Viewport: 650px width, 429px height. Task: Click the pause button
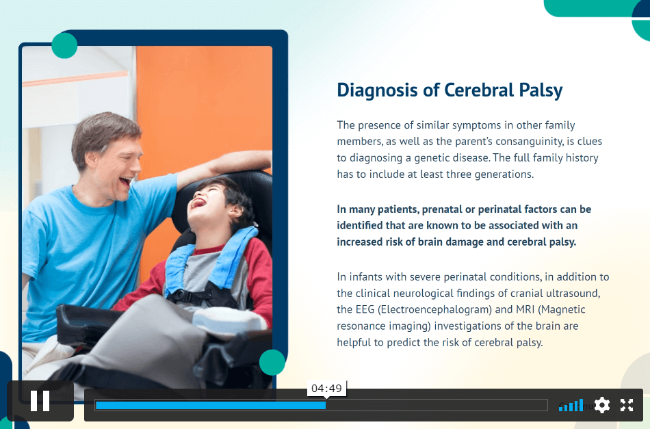point(40,401)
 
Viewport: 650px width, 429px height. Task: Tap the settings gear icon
point(602,405)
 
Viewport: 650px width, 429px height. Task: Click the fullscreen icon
point(627,405)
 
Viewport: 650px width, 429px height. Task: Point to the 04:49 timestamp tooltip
point(326,389)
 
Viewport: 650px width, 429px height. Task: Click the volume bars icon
point(571,405)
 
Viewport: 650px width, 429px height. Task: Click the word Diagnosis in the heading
point(377,90)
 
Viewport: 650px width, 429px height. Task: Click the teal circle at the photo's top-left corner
point(64,45)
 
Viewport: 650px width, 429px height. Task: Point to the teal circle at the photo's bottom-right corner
point(272,362)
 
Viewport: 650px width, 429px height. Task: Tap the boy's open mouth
point(198,203)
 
